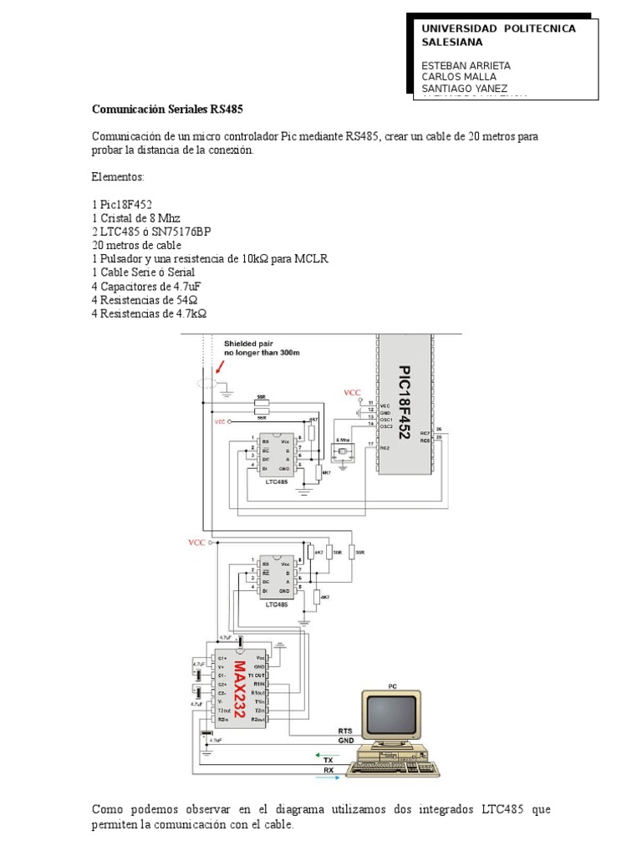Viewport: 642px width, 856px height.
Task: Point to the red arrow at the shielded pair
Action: click(219, 364)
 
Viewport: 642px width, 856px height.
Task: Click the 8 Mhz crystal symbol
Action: click(343, 452)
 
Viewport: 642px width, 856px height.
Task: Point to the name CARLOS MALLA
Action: click(459, 77)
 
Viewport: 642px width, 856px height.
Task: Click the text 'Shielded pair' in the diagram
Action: click(247, 343)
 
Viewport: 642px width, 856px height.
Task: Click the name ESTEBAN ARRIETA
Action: click(466, 65)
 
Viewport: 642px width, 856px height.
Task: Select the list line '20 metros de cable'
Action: click(136, 246)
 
